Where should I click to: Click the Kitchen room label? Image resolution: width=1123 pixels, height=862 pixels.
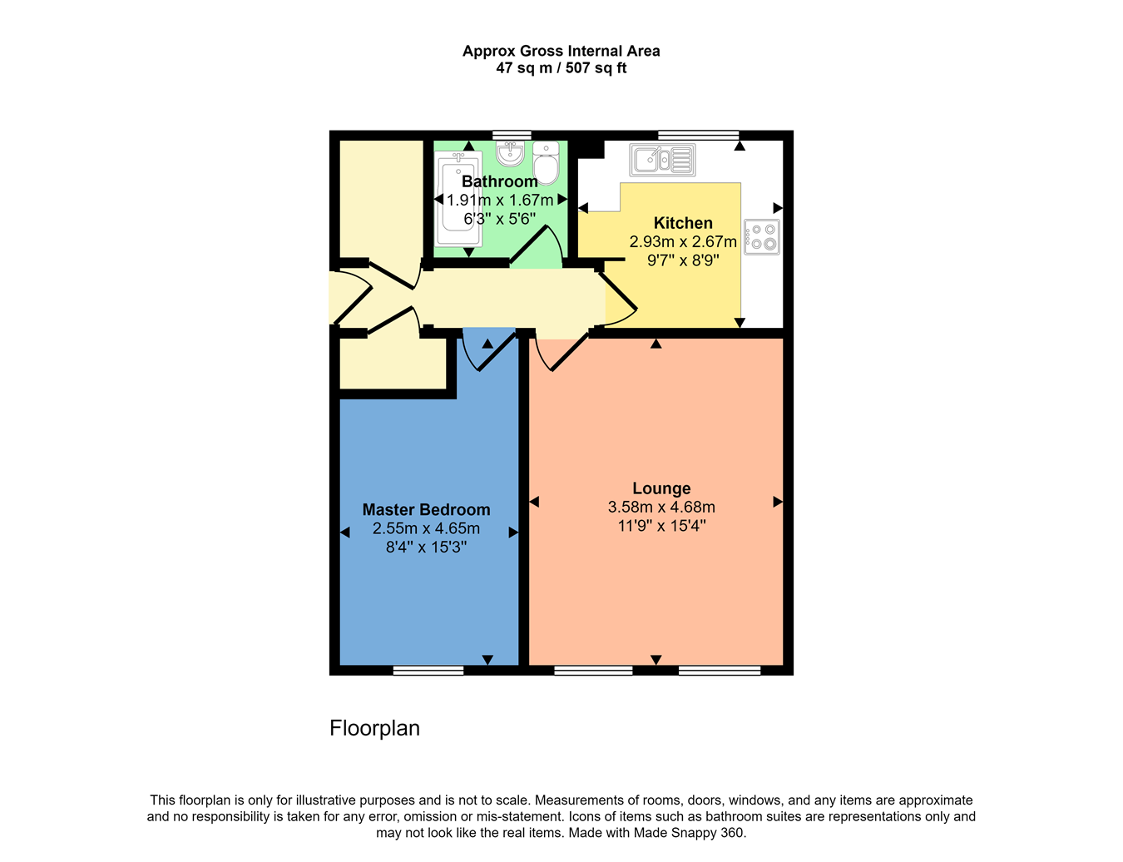pos(683,223)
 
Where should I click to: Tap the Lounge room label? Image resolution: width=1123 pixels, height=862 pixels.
pos(661,488)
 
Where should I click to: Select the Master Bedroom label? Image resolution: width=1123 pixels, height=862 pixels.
pos(426,510)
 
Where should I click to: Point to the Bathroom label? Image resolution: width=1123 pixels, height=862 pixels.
pos(499,181)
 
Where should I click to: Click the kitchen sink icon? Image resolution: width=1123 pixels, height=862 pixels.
pos(662,160)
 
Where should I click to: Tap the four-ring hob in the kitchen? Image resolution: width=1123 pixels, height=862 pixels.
pos(761,236)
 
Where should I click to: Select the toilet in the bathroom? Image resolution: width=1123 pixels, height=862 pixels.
pos(546,163)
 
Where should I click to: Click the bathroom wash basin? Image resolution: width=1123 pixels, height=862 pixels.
pos(510,153)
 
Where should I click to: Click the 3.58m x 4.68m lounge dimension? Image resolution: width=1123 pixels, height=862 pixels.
pos(661,507)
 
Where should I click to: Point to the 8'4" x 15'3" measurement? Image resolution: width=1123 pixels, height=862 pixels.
pos(426,547)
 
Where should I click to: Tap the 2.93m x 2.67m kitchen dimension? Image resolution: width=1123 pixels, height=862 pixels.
pos(683,241)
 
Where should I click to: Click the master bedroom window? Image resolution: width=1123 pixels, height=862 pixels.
pos(428,671)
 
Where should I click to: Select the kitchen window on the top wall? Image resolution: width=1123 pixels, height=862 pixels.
pos(698,135)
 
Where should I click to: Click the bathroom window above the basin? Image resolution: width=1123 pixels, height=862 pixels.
pos(512,135)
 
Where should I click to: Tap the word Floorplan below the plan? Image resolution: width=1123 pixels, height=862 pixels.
pos(374,728)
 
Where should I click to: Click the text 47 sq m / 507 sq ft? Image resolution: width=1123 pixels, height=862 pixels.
pos(561,68)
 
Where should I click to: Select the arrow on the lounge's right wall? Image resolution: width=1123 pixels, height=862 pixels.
pos(778,502)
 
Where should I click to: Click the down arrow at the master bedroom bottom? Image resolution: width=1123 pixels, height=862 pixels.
pos(487,660)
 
